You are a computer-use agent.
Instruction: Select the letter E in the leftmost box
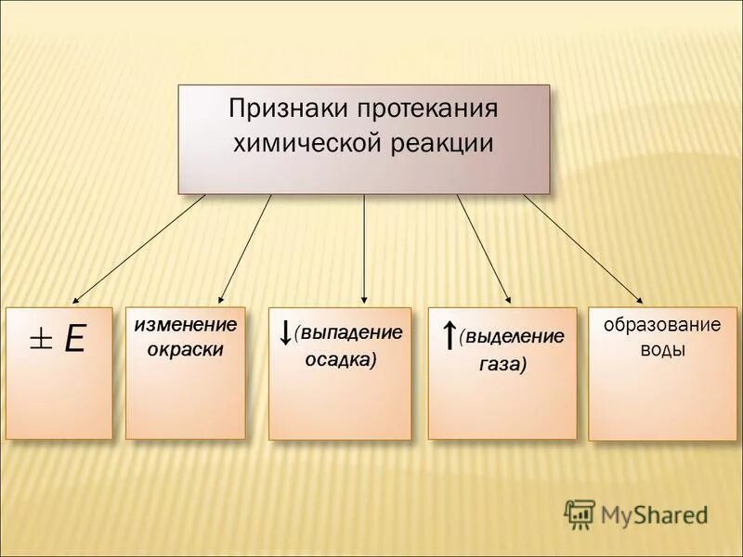tap(74, 340)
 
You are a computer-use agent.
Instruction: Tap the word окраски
tap(186, 351)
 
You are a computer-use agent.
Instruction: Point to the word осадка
tap(341, 360)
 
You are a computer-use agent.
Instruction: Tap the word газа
tap(502, 365)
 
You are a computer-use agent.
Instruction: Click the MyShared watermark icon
tap(580, 513)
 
